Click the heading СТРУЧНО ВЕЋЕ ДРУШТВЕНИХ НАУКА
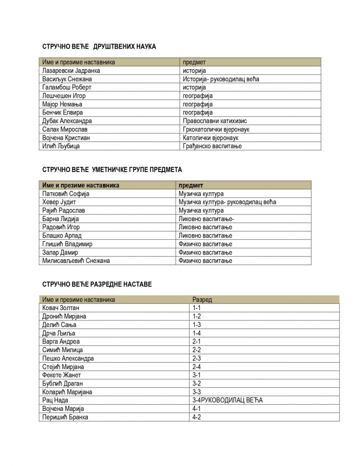tap(99, 46)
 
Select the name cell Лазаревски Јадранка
tap(71, 71)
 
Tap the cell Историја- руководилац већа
tap(221, 79)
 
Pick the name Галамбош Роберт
tap(67, 87)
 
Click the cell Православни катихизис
tap(215, 121)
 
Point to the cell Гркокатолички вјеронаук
tap(216, 129)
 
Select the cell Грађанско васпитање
tap(212, 146)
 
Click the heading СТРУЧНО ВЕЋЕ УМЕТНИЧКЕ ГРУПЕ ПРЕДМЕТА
tap(112, 170)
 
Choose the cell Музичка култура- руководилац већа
tap(228, 202)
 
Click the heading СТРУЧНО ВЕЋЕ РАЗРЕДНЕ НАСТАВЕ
tap(97, 284)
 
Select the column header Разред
tap(202, 299)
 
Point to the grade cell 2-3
tap(197, 358)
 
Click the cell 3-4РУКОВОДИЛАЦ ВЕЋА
tap(228, 400)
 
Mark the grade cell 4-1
tap(197, 409)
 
